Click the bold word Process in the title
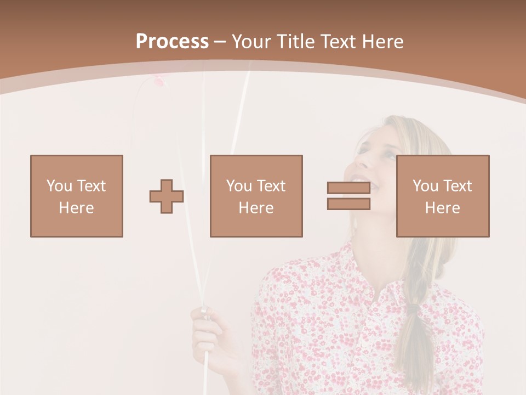tap(172, 42)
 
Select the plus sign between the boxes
tap(167, 196)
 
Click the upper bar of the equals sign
tap(348, 188)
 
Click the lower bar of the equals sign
tap(348, 204)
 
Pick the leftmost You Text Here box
tap(77, 196)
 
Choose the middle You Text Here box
tap(256, 196)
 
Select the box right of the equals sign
tap(442, 196)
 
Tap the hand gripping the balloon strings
tap(205, 329)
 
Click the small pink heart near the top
tap(158, 82)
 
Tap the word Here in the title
tap(383, 42)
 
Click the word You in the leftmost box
tap(59, 186)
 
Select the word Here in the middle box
tap(256, 208)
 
